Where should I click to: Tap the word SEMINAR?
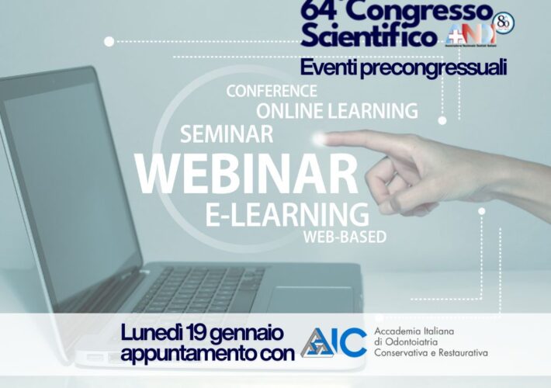pos(227,134)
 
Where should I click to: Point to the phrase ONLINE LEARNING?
pos(337,110)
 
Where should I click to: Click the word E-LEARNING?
pos(287,212)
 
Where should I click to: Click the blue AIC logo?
pos(334,341)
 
